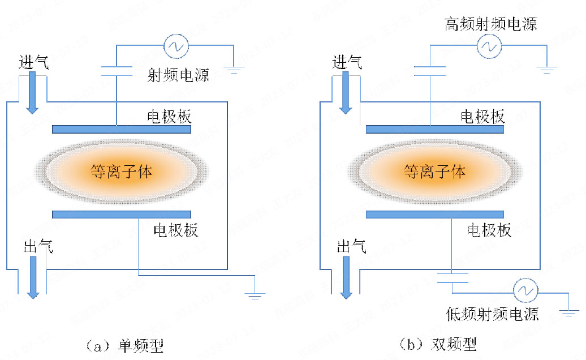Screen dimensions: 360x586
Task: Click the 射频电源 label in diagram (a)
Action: (178, 74)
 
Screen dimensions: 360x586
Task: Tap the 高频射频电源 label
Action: (490, 24)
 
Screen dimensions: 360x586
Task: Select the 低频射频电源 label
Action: (492, 313)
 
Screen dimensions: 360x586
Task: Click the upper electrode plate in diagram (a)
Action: (121, 130)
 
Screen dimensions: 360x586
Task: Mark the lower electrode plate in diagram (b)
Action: (434, 214)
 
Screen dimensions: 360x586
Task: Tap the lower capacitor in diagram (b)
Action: (453, 278)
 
